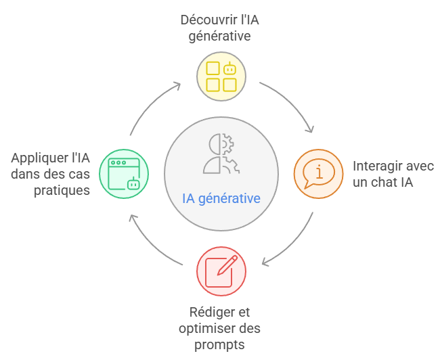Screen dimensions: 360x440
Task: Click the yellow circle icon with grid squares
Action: (x=221, y=76)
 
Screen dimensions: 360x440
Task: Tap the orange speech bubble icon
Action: (x=317, y=173)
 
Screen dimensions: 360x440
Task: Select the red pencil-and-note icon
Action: (x=221, y=270)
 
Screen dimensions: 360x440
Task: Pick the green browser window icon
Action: (x=123, y=173)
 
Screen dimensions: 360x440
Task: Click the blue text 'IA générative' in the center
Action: (x=221, y=199)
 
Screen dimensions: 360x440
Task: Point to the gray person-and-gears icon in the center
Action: (x=221, y=154)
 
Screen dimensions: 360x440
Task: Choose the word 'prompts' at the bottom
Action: (x=221, y=345)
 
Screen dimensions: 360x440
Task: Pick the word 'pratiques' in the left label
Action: (x=62, y=190)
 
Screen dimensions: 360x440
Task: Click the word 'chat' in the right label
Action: (x=391, y=183)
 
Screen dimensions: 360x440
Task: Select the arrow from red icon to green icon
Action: (x=150, y=243)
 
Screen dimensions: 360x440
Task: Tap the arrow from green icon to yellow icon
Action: (x=150, y=105)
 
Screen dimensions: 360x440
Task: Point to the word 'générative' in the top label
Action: (x=221, y=35)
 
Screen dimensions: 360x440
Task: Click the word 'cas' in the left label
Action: (x=79, y=174)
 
